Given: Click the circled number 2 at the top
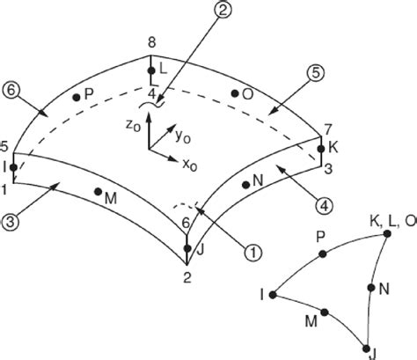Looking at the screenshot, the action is [223, 9].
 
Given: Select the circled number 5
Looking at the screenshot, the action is [315, 73].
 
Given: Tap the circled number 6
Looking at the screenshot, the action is [11, 90].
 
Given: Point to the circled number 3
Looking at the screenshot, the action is [11, 222].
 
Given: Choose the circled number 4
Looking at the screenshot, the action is [325, 206].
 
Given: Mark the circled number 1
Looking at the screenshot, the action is [253, 253].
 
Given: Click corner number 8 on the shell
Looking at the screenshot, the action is [151, 43].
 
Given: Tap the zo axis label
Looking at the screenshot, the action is [133, 126].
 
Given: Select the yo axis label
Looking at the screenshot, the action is [183, 136].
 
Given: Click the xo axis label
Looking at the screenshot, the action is [190, 165].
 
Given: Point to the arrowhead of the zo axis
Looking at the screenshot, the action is [149, 116].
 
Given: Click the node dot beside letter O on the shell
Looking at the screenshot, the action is [235, 93].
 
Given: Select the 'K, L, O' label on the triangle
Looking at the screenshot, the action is [393, 222].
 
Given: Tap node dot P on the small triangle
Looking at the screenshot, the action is [323, 254].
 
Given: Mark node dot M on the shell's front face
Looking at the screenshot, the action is [98, 192].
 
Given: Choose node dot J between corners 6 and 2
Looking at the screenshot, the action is [187, 248].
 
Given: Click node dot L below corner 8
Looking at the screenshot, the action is [151, 70].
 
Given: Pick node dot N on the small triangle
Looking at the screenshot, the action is [371, 288].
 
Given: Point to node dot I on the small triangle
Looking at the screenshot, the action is [273, 295].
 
